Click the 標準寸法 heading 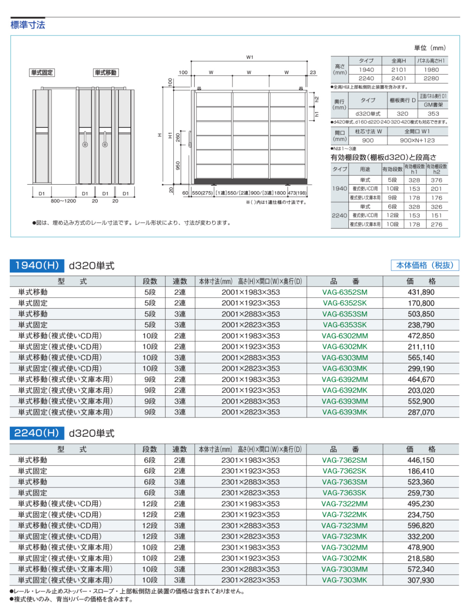click(x=28, y=25)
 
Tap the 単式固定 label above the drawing click(x=42, y=72)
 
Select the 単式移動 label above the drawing click(x=105, y=72)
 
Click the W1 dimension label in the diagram click(x=250, y=57)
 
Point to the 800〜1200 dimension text click(x=63, y=201)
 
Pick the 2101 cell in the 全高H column click(x=398, y=70)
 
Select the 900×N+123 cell click(x=417, y=140)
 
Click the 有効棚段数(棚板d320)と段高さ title click(x=383, y=157)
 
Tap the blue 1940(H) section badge click(x=37, y=265)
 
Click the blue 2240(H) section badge click(x=37, y=433)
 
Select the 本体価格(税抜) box click(x=425, y=265)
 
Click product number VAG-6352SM click(x=345, y=292)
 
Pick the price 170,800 click(x=421, y=303)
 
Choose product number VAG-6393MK click(x=345, y=412)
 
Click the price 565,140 click(x=421, y=358)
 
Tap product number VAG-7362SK click(x=344, y=471)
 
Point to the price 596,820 click(x=421, y=526)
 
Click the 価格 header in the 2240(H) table click(x=421, y=449)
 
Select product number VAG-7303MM click(x=344, y=569)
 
